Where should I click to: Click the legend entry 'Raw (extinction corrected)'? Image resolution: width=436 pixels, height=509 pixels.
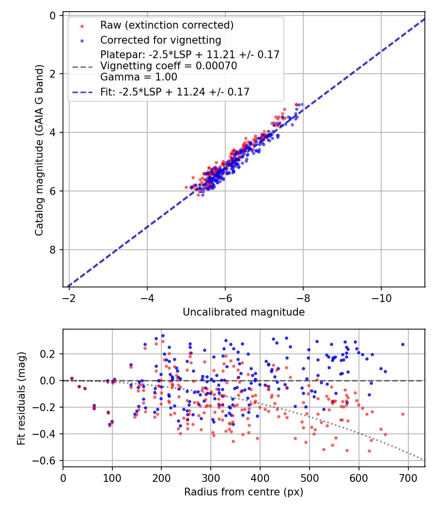click(x=167, y=25)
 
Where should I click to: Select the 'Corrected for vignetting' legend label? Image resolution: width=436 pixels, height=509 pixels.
click(x=160, y=40)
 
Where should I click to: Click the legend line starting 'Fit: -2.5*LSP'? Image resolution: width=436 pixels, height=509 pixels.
click(x=175, y=92)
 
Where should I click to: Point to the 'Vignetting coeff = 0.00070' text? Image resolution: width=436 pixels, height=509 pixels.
click(x=169, y=66)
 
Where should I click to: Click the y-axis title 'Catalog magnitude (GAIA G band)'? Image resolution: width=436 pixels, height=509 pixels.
click(x=40, y=152)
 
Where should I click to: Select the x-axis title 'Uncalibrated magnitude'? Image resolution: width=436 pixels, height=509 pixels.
click(x=244, y=313)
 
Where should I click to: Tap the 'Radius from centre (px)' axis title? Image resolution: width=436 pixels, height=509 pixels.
click(x=244, y=492)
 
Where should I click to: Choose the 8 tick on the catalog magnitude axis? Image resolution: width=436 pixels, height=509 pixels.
click(x=53, y=250)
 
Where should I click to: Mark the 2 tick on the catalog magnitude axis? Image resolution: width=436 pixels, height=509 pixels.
click(x=53, y=74)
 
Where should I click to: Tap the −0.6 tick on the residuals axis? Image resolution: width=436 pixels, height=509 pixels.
click(x=48, y=461)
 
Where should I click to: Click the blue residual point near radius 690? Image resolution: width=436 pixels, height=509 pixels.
click(x=403, y=344)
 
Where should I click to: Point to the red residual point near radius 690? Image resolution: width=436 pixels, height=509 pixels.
click(x=403, y=414)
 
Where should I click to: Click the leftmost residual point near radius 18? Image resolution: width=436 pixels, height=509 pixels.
click(x=72, y=378)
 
